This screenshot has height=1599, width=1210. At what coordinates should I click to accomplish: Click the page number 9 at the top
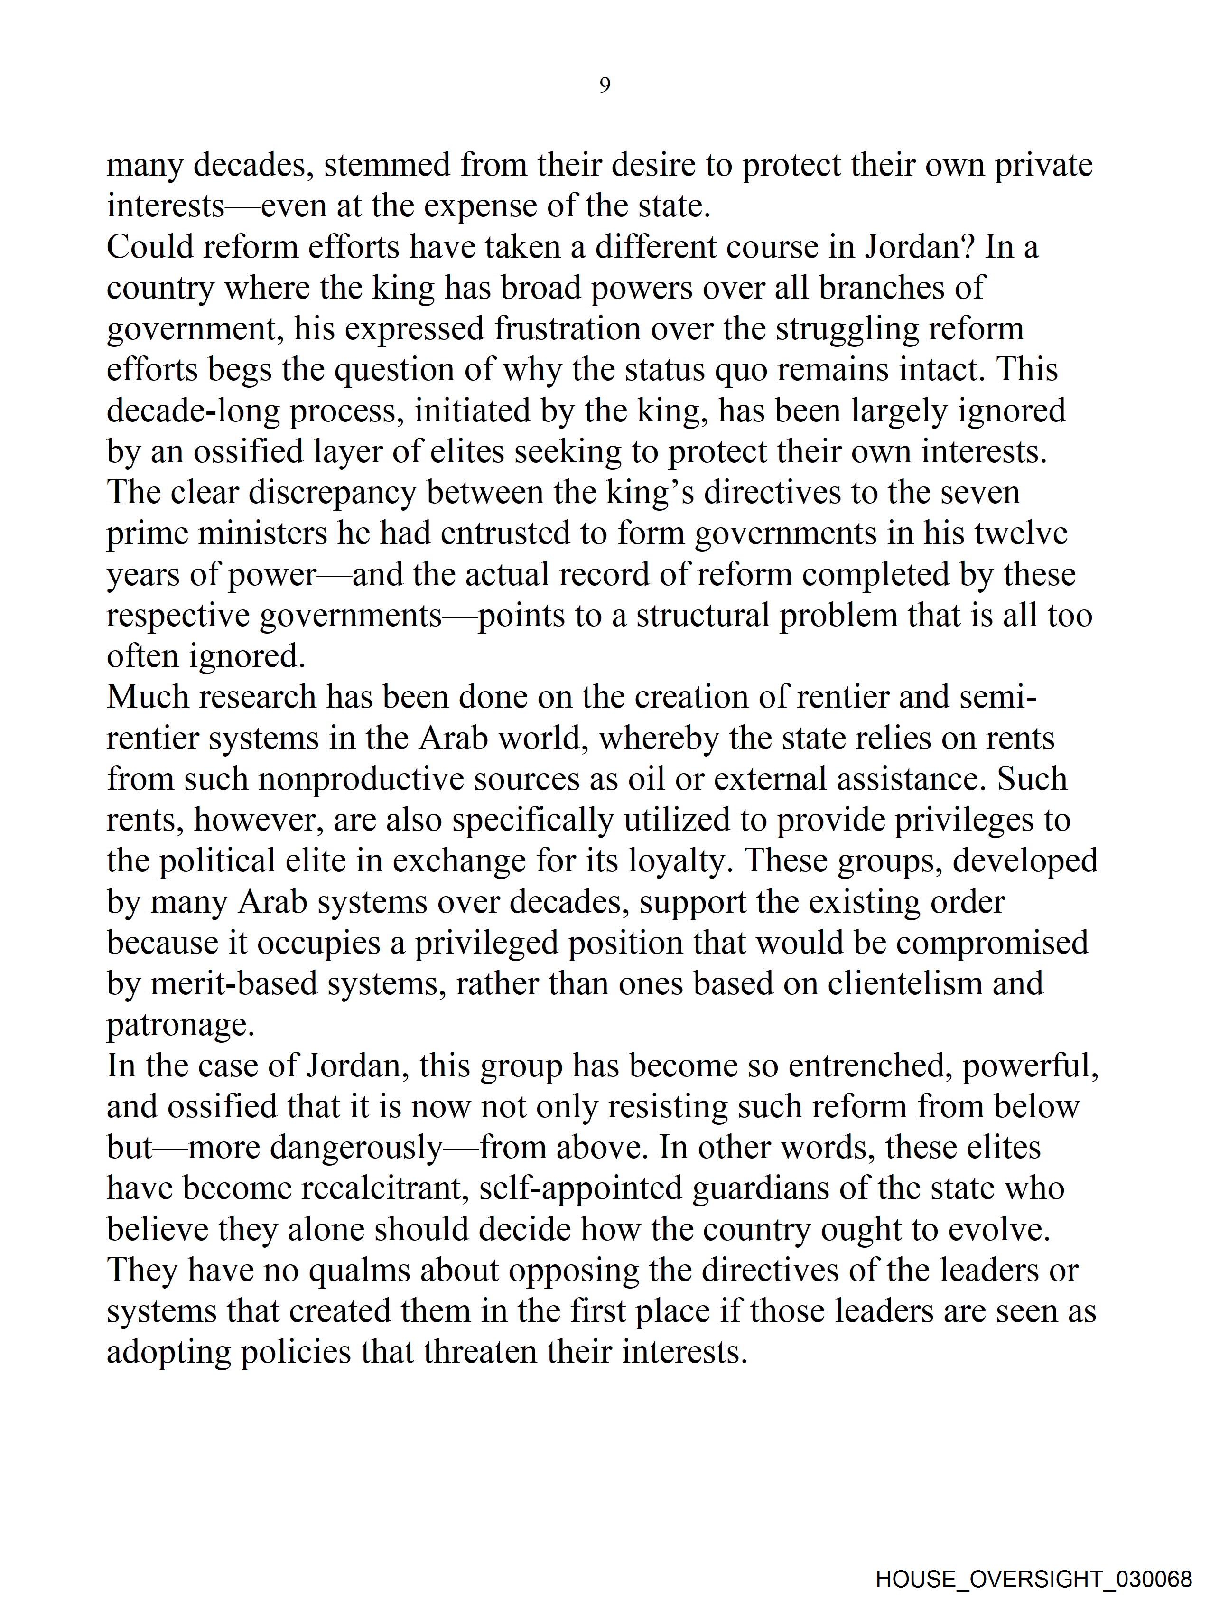click(x=605, y=85)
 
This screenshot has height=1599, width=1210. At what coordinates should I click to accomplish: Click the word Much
click(x=148, y=697)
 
